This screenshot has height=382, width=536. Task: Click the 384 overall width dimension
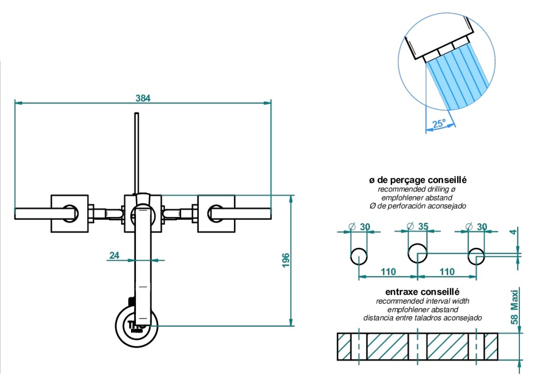(x=143, y=98)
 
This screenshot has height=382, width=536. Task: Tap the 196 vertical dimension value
(x=286, y=260)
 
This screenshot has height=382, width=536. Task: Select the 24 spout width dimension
(x=114, y=255)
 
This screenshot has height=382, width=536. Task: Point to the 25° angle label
(x=439, y=123)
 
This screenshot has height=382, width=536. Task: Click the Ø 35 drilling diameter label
(x=418, y=227)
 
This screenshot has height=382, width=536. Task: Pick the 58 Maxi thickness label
(x=514, y=307)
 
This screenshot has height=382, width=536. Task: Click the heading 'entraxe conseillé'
(x=422, y=292)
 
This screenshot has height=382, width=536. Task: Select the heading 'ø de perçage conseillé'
(x=418, y=180)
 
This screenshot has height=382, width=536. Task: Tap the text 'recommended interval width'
(x=423, y=301)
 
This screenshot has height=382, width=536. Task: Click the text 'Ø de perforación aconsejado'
(x=418, y=206)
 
